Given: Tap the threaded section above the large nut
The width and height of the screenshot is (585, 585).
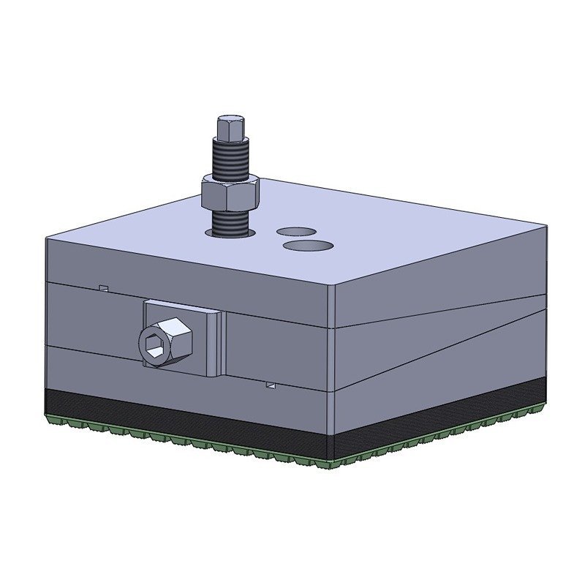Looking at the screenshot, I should click(230, 159).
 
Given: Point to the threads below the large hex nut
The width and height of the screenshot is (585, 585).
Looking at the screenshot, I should click(230, 221).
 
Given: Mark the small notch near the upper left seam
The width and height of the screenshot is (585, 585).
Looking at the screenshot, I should click(104, 287).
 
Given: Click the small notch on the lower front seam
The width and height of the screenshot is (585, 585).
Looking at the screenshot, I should click(271, 384).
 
